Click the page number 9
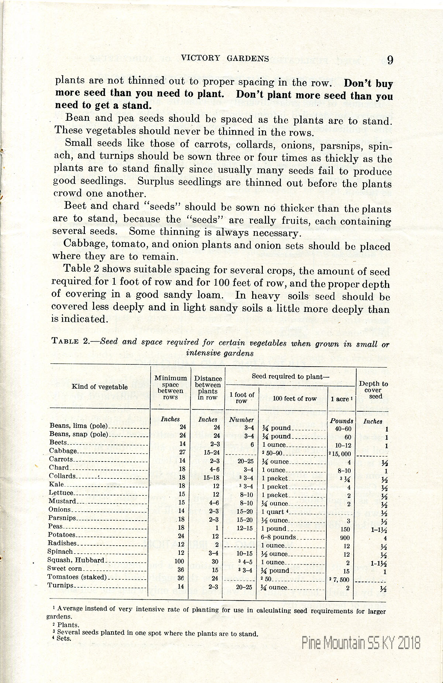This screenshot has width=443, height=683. (390, 60)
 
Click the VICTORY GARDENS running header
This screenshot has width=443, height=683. (225, 58)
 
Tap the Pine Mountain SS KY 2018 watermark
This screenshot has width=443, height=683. (361, 643)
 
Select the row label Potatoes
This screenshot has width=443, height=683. (62, 535)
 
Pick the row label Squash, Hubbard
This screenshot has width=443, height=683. (76, 560)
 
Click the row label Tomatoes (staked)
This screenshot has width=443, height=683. (77, 577)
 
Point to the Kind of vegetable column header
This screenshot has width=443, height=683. (100, 387)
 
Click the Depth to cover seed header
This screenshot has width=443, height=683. (373, 390)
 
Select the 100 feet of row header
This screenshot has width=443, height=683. (295, 399)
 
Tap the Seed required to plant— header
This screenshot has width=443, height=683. (291, 377)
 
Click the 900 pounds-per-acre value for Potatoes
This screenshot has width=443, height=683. (345, 538)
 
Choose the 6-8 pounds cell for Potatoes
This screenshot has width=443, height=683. (278, 537)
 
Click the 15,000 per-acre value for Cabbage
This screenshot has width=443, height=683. (341, 454)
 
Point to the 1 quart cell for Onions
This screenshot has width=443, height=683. (273, 512)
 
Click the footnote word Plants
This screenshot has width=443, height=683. (68, 625)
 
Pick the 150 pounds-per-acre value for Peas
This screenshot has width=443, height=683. (345, 529)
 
